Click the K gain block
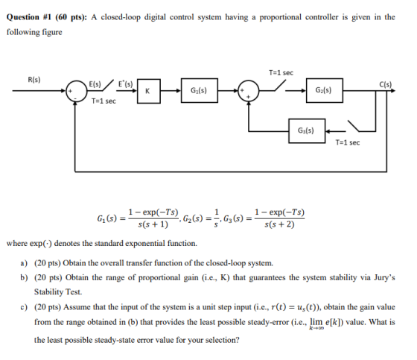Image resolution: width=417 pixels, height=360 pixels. [x=149, y=91]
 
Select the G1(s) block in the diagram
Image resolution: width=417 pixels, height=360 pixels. [x=200, y=90]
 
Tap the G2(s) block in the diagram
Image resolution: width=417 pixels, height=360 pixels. [x=325, y=90]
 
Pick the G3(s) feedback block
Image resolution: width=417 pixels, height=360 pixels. [x=307, y=130]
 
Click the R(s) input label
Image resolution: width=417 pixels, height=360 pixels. [x=34, y=80]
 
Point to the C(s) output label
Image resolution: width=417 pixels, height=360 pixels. [x=386, y=84]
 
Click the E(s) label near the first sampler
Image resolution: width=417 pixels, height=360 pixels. [x=95, y=84]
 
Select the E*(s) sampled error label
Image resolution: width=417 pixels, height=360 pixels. [x=125, y=84]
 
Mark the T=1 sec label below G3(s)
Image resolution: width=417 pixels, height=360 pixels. [x=348, y=142]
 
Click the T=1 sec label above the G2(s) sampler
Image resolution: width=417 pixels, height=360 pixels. [x=281, y=73]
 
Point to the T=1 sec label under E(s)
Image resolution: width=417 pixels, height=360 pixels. [x=104, y=101]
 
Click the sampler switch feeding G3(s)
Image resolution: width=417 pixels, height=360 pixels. [x=354, y=126]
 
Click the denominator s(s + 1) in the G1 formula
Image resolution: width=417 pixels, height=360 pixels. [x=153, y=224]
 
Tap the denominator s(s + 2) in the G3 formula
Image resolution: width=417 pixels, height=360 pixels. [x=279, y=224]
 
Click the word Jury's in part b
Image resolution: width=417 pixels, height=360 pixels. [x=384, y=277]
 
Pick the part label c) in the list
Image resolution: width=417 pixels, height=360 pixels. [x=24, y=307]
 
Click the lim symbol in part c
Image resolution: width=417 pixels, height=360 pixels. [x=316, y=322]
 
